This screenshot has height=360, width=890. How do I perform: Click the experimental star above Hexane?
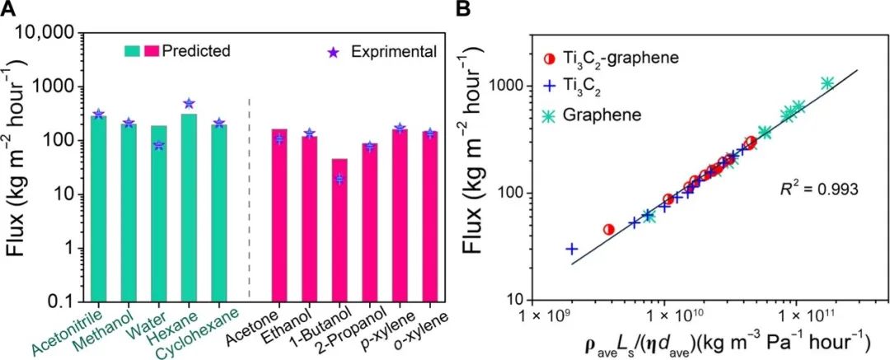click(189, 103)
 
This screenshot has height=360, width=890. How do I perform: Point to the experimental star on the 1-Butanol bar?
click(339, 179)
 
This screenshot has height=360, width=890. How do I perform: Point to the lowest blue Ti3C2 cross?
click(571, 248)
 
